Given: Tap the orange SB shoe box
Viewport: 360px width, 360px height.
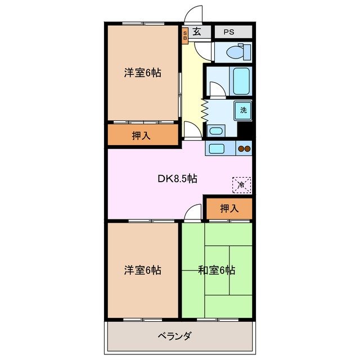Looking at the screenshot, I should [x=185, y=35].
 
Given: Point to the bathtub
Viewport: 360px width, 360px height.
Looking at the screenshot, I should [x=241, y=81].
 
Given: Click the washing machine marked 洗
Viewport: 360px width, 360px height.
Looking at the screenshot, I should [x=243, y=110].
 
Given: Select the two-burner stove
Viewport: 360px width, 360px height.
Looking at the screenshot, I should [x=244, y=148].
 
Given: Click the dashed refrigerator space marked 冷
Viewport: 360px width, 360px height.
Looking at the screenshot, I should [x=242, y=184].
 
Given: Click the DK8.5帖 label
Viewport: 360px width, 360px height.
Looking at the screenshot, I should [x=177, y=179].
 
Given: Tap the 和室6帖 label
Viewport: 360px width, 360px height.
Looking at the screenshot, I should [x=217, y=270].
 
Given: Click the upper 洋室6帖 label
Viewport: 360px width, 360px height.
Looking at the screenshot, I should [x=143, y=73].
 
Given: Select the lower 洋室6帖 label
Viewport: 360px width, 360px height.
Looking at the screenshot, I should [x=143, y=270].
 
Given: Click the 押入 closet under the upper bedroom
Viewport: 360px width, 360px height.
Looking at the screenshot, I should [x=141, y=135].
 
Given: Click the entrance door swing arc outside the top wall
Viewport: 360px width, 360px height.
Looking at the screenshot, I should [x=194, y=14].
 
